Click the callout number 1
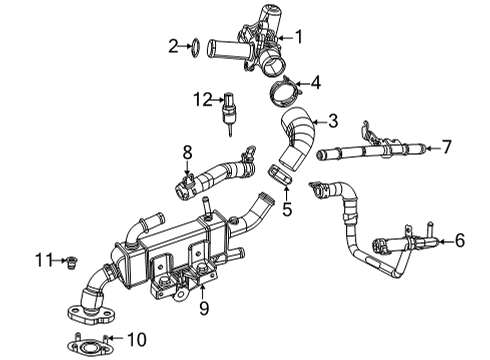coord(296,37)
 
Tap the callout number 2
coord(173,45)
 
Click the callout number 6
coord(460,268)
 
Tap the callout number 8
coord(186,152)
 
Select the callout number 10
coord(139,339)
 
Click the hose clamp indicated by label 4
coord(282,94)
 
